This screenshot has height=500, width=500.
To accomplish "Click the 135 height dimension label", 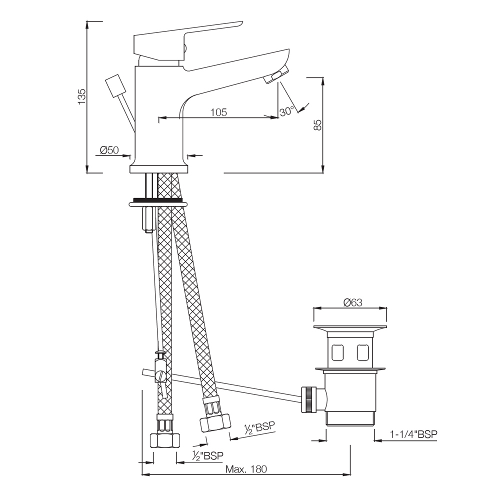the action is pyautogui.click(x=82, y=96).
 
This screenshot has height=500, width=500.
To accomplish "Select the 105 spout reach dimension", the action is pyautogui.click(x=218, y=112).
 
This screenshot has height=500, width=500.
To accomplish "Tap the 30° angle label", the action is pyautogui.click(x=286, y=111).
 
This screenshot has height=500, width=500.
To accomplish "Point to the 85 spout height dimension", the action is pyautogui.click(x=317, y=124).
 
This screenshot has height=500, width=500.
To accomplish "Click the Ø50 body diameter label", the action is pyautogui.click(x=109, y=150).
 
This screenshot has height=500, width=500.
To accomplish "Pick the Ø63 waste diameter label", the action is pyautogui.click(x=353, y=302).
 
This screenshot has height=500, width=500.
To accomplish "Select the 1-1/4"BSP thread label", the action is pyautogui.click(x=413, y=434).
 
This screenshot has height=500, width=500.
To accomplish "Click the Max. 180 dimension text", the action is pyautogui.click(x=246, y=469).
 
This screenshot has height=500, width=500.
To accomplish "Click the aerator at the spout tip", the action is pyautogui.click(x=276, y=76).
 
